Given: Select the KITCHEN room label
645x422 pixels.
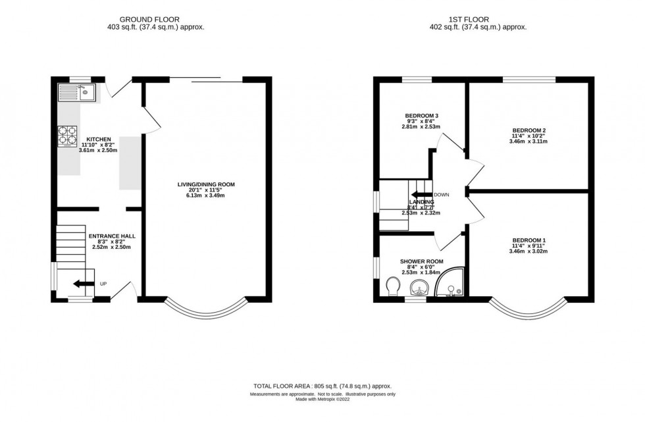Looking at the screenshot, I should pyautogui.click(x=99, y=140).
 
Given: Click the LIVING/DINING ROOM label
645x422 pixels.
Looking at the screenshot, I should pyautogui.click(x=205, y=184).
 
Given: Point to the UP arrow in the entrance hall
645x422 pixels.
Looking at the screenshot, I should pyautogui.click(x=83, y=284).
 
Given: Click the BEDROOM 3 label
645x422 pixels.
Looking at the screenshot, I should pyautogui.click(x=421, y=116).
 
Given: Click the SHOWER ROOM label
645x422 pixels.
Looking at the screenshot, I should pyautogui.click(x=421, y=261).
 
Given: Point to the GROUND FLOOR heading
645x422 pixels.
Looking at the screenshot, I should pyautogui.click(x=153, y=18).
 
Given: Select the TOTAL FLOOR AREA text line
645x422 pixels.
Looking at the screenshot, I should pyautogui.click(x=322, y=386).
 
